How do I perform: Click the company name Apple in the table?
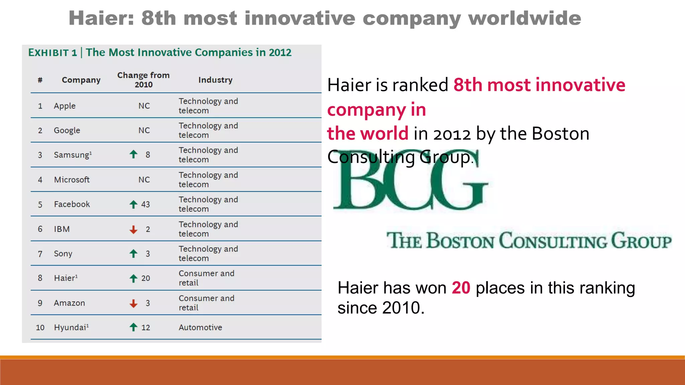[x=65, y=106]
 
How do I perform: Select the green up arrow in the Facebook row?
[x=133, y=204]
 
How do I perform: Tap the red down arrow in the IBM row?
[x=133, y=229]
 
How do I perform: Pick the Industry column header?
[x=215, y=80]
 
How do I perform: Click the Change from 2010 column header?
[x=143, y=80]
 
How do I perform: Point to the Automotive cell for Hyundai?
[x=200, y=328]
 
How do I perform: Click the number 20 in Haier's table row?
[x=145, y=278]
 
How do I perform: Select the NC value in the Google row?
[x=144, y=130]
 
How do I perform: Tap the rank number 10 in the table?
[x=40, y=328]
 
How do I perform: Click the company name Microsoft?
[x=72, y=180]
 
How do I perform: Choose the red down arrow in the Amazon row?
[x=133, y=303]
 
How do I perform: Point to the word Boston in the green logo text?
[x=461, y=241]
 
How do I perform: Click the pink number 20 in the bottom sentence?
[x=461, y=288]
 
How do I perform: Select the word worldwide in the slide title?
[x=524, y=18]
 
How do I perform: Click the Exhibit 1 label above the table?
[x=53, y=53]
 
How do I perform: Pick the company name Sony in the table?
[x=63, y=254]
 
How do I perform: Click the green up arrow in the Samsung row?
[x=133, y=154]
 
